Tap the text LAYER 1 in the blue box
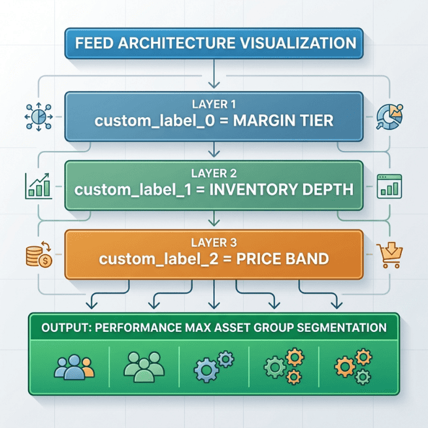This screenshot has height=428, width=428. pos(214,104)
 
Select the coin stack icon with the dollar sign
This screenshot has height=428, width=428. pos(36,254)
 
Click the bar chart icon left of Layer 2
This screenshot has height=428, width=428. pos(37,186)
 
